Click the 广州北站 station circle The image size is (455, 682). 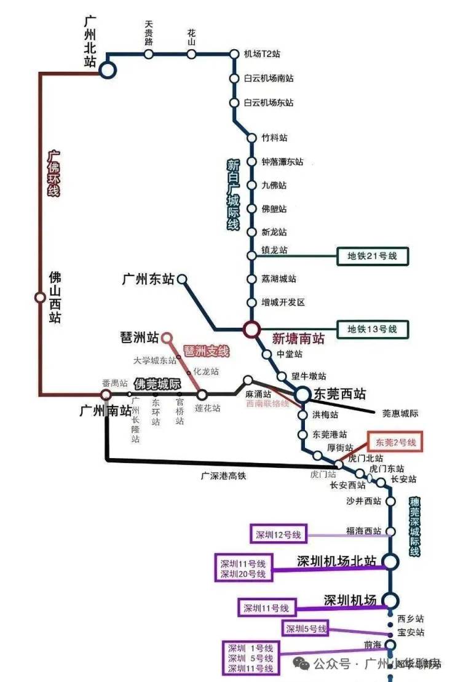coord(108,70)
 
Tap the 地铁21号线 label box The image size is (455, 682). coord(373,256)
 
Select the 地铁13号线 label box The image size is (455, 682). coord(373,329)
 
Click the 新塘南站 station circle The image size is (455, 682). coord(251,330)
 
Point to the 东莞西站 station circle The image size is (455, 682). coord(303,394)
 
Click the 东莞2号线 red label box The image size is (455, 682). coord(395,442)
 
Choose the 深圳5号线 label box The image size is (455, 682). coord(306,628)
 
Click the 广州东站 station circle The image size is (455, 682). coord(182,279)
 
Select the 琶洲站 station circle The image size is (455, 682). coord(165,338)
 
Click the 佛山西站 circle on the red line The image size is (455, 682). coord(40,298)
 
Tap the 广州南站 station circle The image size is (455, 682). coord(106,394)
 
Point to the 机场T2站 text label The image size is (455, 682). coord(262,54)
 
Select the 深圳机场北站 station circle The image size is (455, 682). coord(390,561)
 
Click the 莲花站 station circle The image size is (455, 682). coord(202,394)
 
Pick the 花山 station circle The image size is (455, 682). coord(191,54)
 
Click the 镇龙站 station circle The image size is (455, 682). coord(251,255)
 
